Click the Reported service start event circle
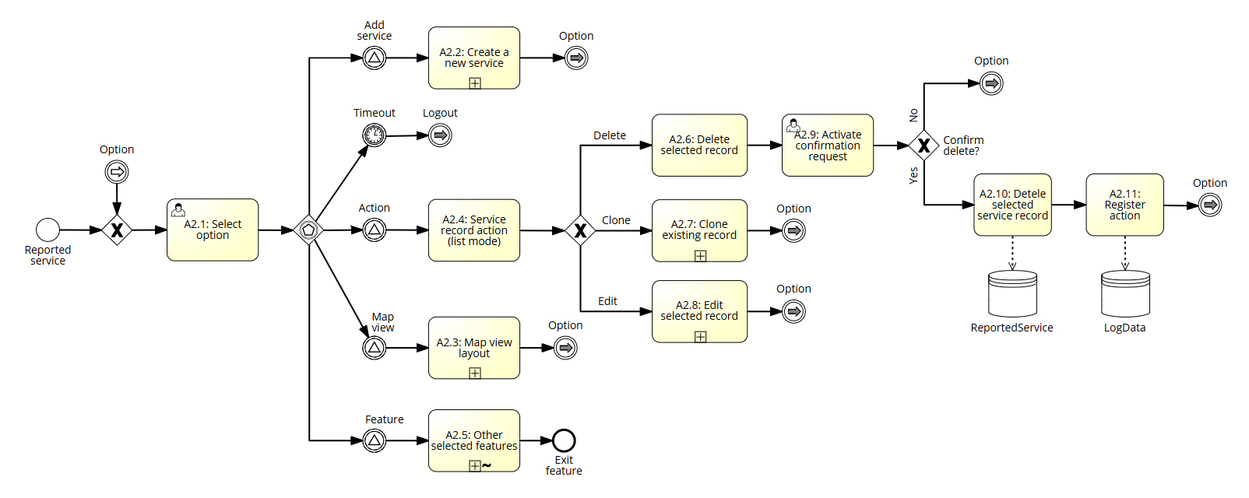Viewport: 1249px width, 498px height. [x=47, y=230]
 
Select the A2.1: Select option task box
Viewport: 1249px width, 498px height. [x=213, y=230]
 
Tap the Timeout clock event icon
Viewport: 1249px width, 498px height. [x=375, y=135]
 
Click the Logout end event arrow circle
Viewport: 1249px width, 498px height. [x=440, y=135]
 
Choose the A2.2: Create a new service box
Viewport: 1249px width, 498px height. [x=473, y=58]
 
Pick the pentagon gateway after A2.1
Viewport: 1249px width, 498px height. [x=309, y=230]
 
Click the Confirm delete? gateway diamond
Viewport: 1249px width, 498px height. [x=924, y=146]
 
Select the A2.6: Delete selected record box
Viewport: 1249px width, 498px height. [x=699, y=146]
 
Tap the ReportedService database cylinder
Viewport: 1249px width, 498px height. [x=1012, y=293]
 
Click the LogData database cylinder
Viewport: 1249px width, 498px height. [x=1125, y=293]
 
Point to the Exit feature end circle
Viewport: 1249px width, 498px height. [x=564, y=441]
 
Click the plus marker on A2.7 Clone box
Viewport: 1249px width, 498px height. [x=700, y=255]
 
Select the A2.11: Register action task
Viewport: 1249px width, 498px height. [x=1124, y=205]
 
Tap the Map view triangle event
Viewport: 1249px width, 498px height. [x=375, y=348]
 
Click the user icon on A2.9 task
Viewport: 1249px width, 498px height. [x=793, y=124]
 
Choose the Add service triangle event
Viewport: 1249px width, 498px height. [x=375, y=58]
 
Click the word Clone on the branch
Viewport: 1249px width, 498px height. [x=616, y=220]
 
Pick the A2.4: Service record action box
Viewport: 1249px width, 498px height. [x=473, y=230]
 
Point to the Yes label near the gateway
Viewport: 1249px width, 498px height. [x=913, y=176]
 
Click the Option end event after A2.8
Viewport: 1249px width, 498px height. [x=793, y=312]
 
